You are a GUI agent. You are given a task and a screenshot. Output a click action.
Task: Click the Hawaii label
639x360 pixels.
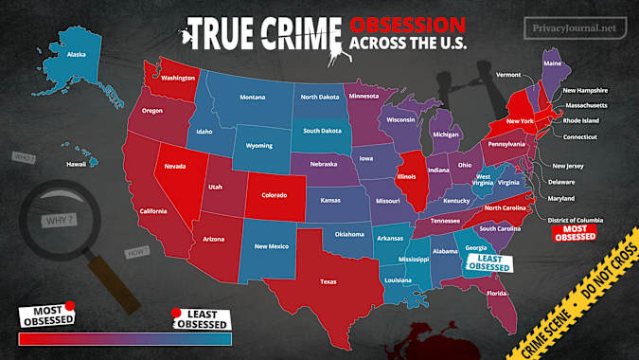77,165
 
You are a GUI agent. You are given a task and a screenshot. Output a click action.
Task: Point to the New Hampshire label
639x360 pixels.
585,90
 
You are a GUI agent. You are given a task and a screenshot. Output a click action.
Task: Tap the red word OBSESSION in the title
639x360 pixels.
406,23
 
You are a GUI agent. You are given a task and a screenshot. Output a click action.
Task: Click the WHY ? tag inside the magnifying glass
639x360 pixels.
59,222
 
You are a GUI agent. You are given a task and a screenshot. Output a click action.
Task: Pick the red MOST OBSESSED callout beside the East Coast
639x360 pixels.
574,232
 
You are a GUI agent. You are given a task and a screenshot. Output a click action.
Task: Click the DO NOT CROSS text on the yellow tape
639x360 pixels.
607,295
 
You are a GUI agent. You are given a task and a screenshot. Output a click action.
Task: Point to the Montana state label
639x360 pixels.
252,98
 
